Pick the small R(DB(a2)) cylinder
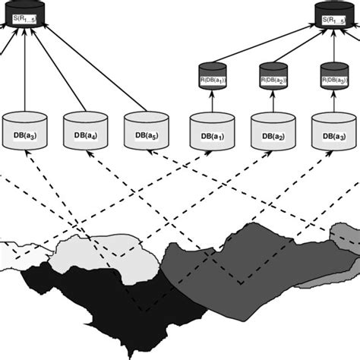tap(273, 77)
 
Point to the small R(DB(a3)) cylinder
tap(333, 77)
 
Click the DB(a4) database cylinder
tap(86, 129)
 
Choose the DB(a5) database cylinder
tap(145, 129)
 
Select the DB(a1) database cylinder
tap(210, 131)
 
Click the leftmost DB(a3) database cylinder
tap(25, 129)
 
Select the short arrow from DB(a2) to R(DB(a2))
tap(273, 102)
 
